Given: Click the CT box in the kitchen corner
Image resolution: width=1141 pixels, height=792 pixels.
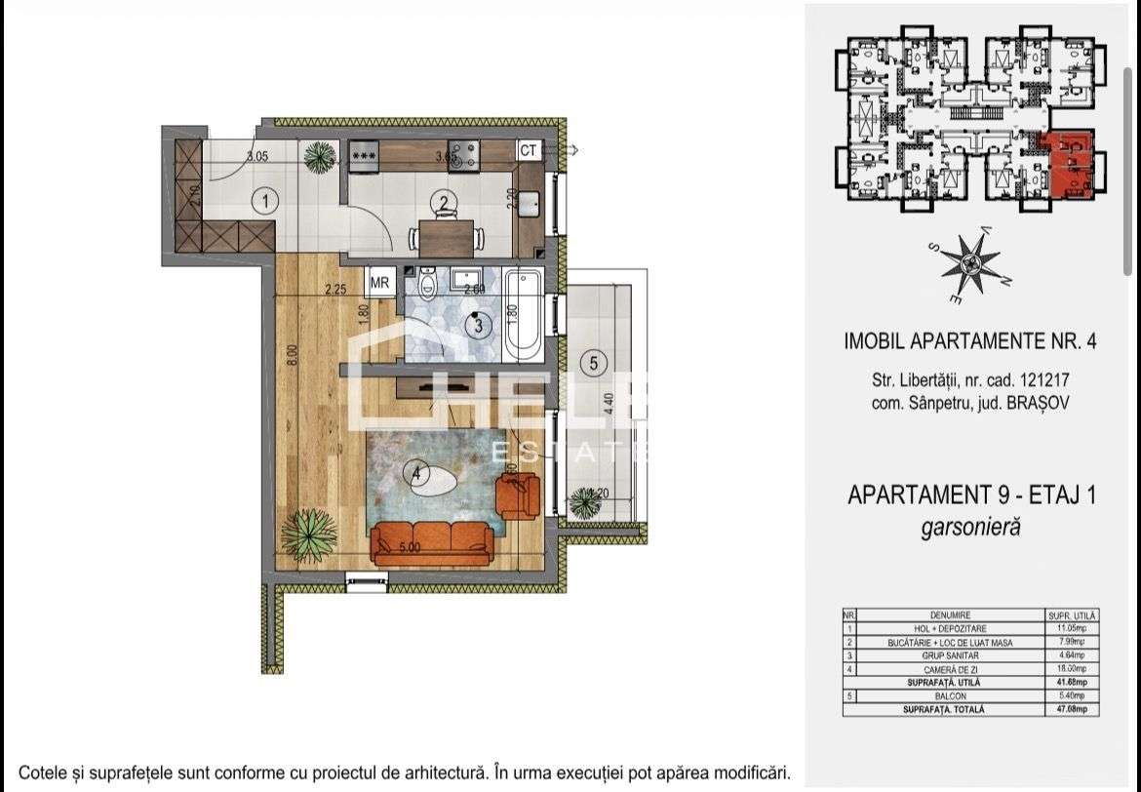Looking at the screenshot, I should (529, 150).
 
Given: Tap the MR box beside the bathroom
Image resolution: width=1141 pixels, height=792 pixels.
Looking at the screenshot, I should (381, 282).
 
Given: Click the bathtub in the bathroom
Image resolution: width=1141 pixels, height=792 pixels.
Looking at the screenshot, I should (523, 312).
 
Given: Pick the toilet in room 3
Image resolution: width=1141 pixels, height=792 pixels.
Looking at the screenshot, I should (427, 285).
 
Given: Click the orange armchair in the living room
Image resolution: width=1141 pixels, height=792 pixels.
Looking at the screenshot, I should (517, 495).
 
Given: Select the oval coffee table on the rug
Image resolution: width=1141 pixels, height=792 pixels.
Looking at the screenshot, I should (433, 483).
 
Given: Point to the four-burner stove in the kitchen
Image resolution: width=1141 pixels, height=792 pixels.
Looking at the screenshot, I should (462, 153).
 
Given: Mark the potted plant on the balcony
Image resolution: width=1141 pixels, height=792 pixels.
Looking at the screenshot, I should (584, 503).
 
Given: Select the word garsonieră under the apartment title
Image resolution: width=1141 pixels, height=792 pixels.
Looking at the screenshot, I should (971, 528).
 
